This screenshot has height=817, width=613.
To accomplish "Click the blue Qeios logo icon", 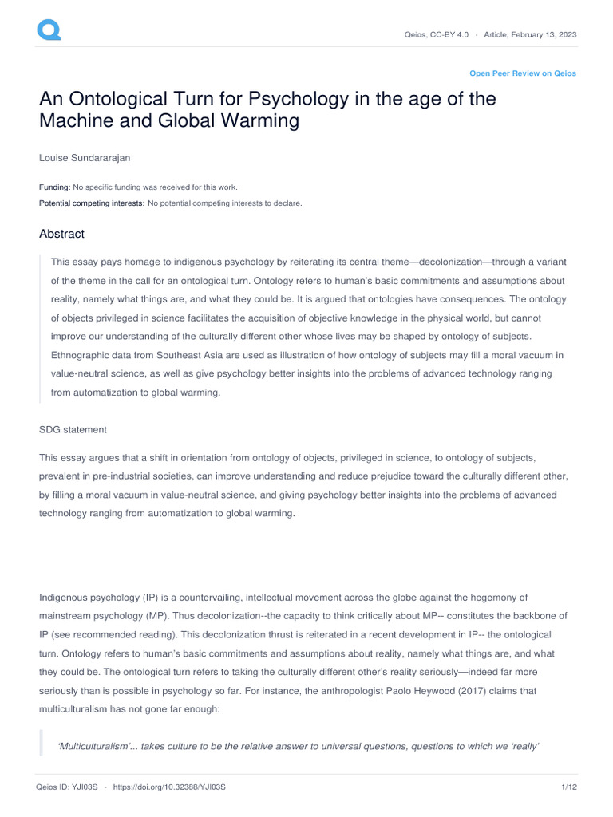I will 49,30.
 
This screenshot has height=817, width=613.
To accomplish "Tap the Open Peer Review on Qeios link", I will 522,73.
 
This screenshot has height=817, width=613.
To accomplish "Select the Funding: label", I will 55,187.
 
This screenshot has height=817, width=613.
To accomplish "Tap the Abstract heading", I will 61,234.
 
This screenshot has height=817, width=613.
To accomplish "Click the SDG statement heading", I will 73,430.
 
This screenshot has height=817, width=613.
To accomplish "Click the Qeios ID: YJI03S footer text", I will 66,787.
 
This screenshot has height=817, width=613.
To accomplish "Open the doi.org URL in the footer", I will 170,787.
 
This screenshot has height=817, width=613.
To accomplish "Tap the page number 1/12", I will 568,787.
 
